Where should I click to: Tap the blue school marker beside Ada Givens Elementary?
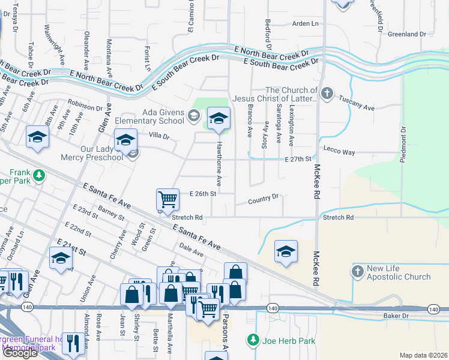219,119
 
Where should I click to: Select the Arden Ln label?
305,23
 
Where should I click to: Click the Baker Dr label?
396,315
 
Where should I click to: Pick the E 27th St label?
298,159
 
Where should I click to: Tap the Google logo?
20,352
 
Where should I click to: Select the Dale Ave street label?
191,250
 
